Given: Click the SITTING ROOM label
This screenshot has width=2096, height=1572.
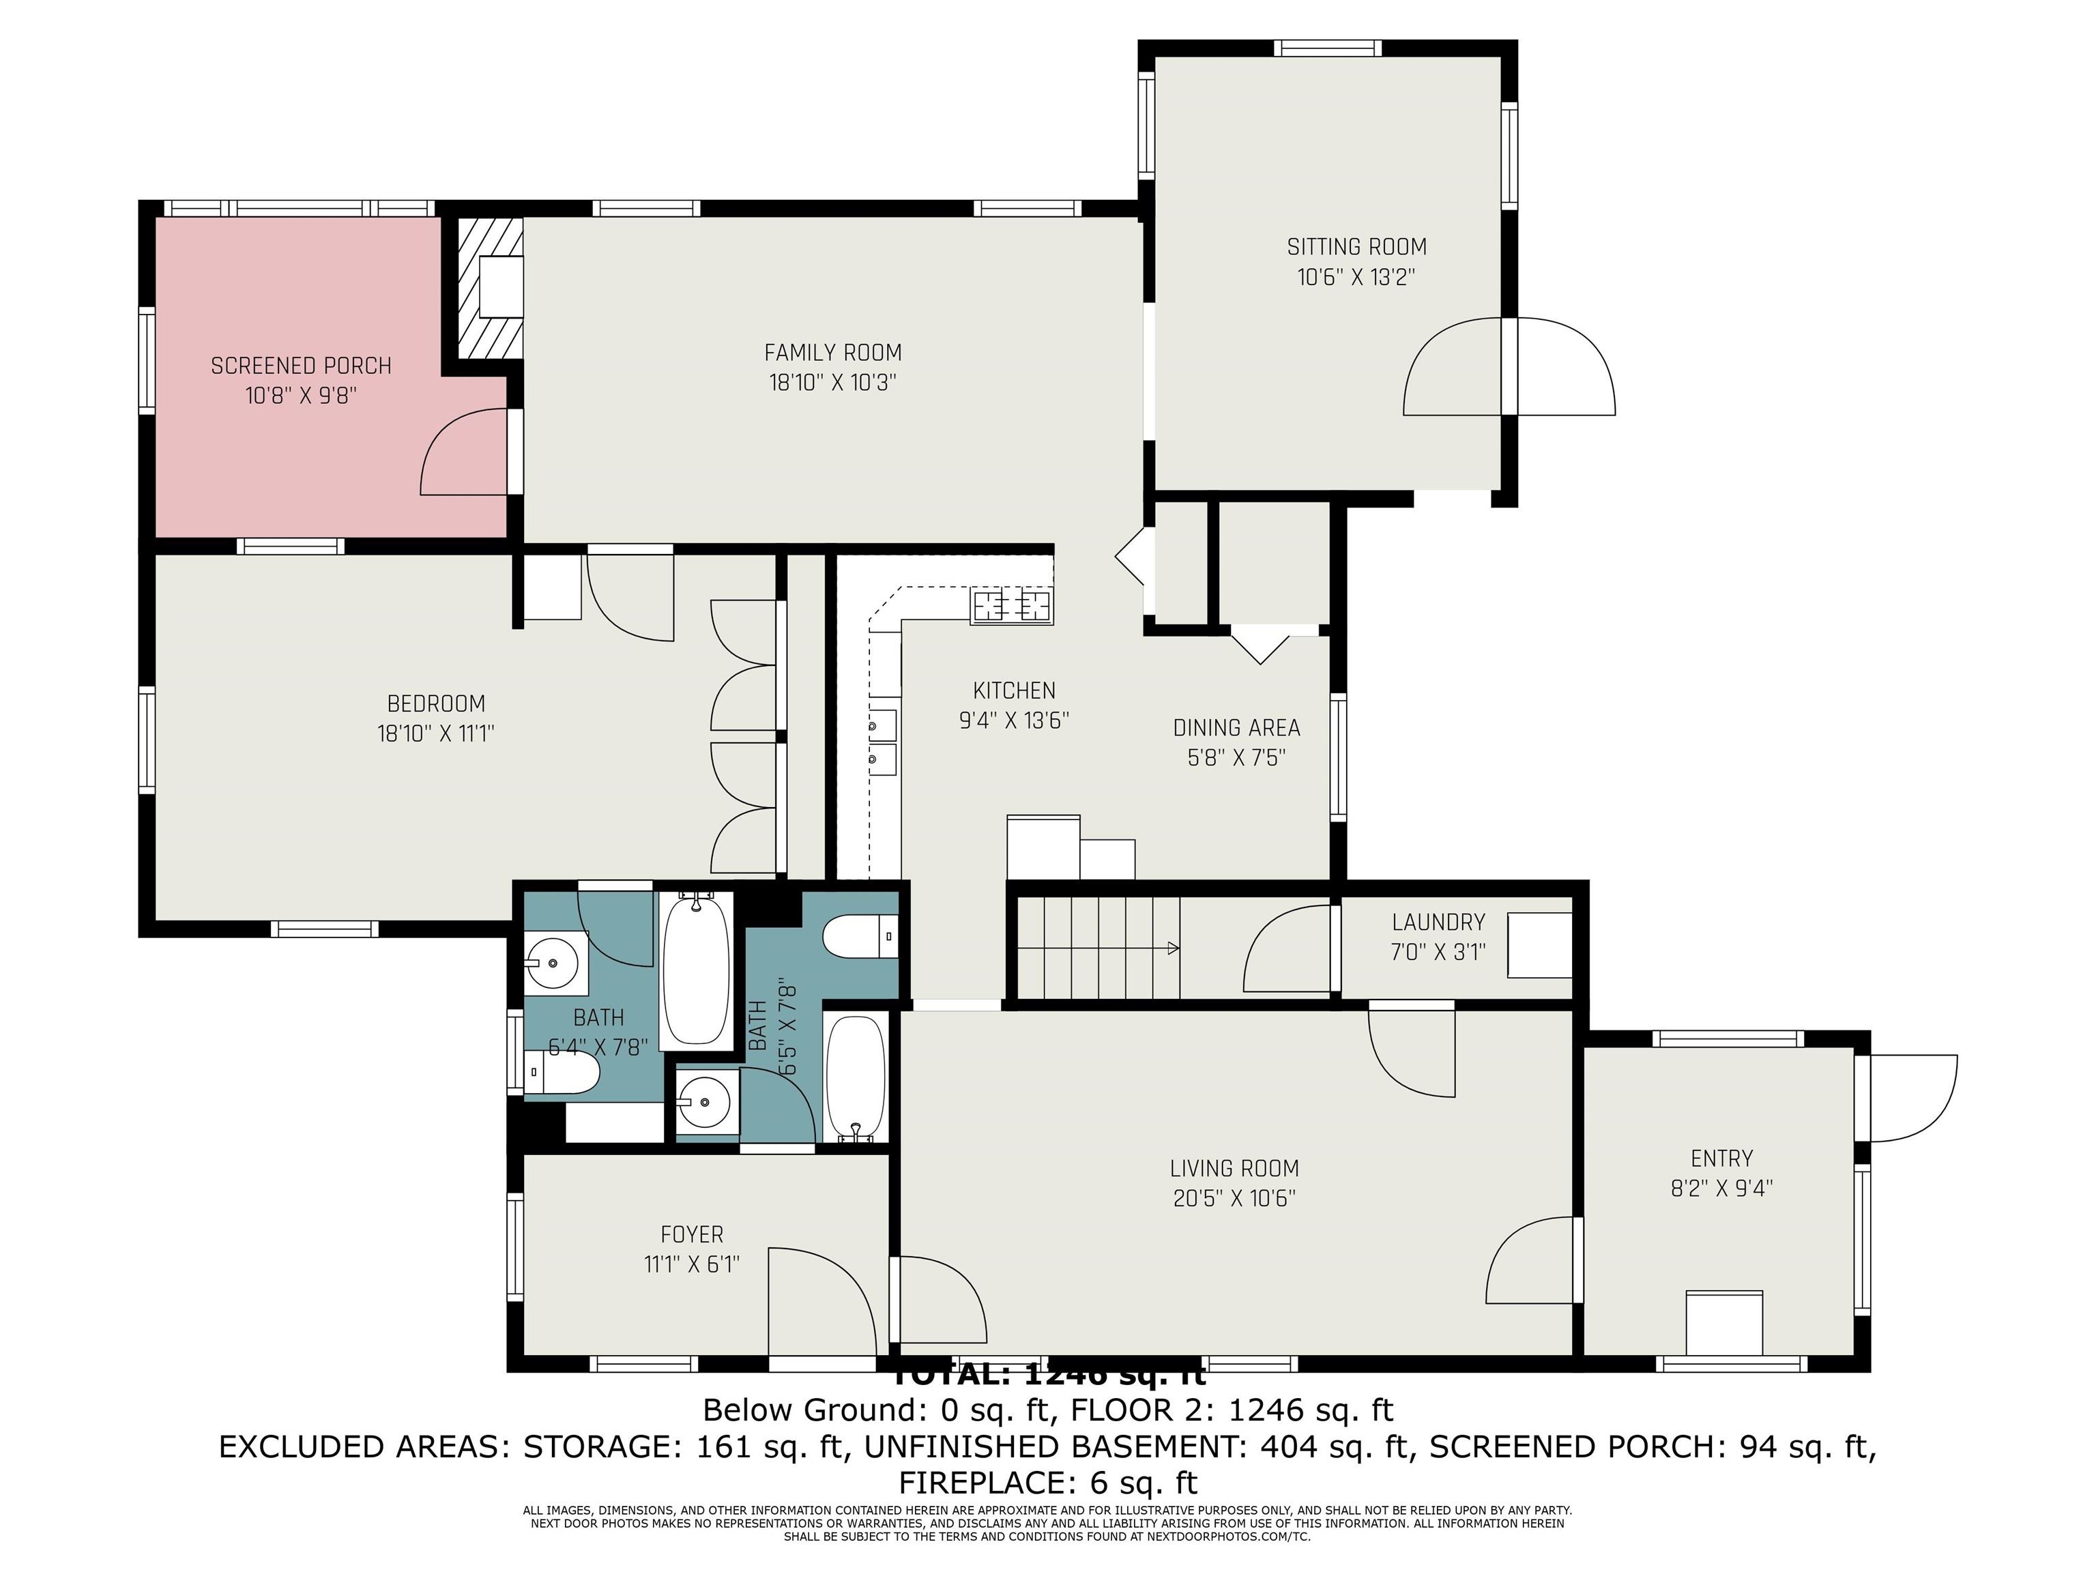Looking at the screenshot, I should click(1356, 247).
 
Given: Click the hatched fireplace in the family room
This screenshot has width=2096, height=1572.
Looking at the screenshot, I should click(490, 289).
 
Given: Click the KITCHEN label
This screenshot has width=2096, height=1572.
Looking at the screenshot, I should click(1014, 690).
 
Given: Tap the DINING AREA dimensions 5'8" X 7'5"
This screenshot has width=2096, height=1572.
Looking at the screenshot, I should click(1236, 758).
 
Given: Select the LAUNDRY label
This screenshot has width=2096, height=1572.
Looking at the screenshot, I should click(1438, 922).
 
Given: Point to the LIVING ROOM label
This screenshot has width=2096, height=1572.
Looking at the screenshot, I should click(1234, 1168).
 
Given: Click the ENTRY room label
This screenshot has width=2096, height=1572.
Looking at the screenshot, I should click(1721, 1158).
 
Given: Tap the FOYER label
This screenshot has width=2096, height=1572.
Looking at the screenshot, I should click(692, 1235).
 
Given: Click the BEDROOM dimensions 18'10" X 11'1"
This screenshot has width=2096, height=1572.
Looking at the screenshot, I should click(436, 733).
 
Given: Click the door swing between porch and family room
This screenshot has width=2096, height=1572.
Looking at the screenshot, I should click(465, 453).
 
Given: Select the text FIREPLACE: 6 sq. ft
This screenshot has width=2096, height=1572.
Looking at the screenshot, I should click(1047, 1482).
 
